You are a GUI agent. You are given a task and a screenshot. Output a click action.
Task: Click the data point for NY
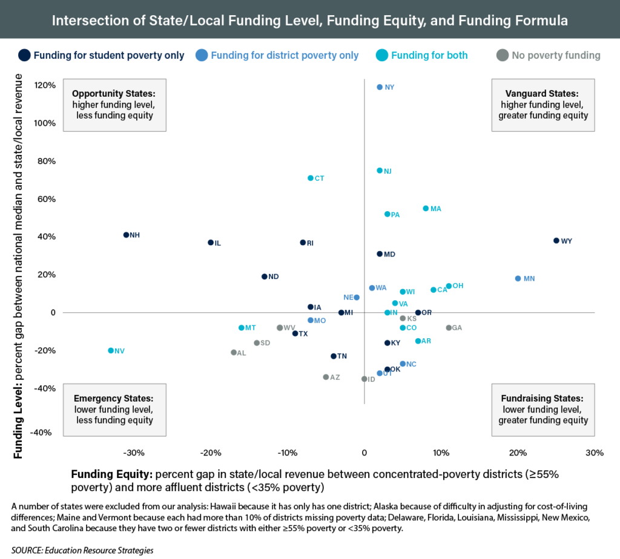pos(380,87)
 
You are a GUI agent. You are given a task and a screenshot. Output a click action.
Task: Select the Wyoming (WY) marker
pos(556,241)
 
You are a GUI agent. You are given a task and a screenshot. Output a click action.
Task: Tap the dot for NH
pos(126,235)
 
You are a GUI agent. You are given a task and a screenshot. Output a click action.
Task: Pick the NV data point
pos(111,350)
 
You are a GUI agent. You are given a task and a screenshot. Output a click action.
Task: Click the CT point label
pos(320,178)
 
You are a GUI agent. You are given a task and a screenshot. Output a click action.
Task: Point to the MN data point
pos(518,278)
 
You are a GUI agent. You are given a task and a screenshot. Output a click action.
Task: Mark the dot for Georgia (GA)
pos(449,328)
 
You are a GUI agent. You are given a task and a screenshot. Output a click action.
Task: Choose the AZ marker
pos(326,377)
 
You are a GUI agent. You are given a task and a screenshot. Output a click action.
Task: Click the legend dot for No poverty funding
pos(502,56)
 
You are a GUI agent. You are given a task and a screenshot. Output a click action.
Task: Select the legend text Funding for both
pos(429,56)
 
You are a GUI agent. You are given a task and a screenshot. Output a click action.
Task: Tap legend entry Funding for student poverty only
pos(109,56)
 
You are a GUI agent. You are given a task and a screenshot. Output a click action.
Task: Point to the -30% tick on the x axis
pos(133,453)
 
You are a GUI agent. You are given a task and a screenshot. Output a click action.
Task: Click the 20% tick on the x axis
pos(518,453)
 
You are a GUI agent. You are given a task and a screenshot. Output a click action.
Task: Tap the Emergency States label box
pos(113,410)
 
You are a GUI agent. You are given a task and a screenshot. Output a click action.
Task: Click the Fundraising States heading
pos(542,399)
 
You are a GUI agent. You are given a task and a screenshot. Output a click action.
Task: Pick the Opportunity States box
pos(113,105)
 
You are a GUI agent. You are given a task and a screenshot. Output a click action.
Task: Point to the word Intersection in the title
pos(85,21)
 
